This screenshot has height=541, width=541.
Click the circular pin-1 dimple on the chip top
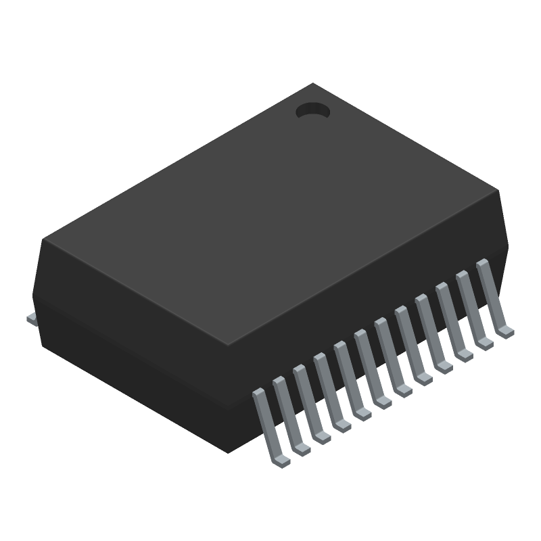point(312,110)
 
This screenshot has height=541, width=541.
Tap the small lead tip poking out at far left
point(30,317)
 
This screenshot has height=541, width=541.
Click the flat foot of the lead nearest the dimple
point(504,331)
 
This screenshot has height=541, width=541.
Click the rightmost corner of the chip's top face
point(498,193)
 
